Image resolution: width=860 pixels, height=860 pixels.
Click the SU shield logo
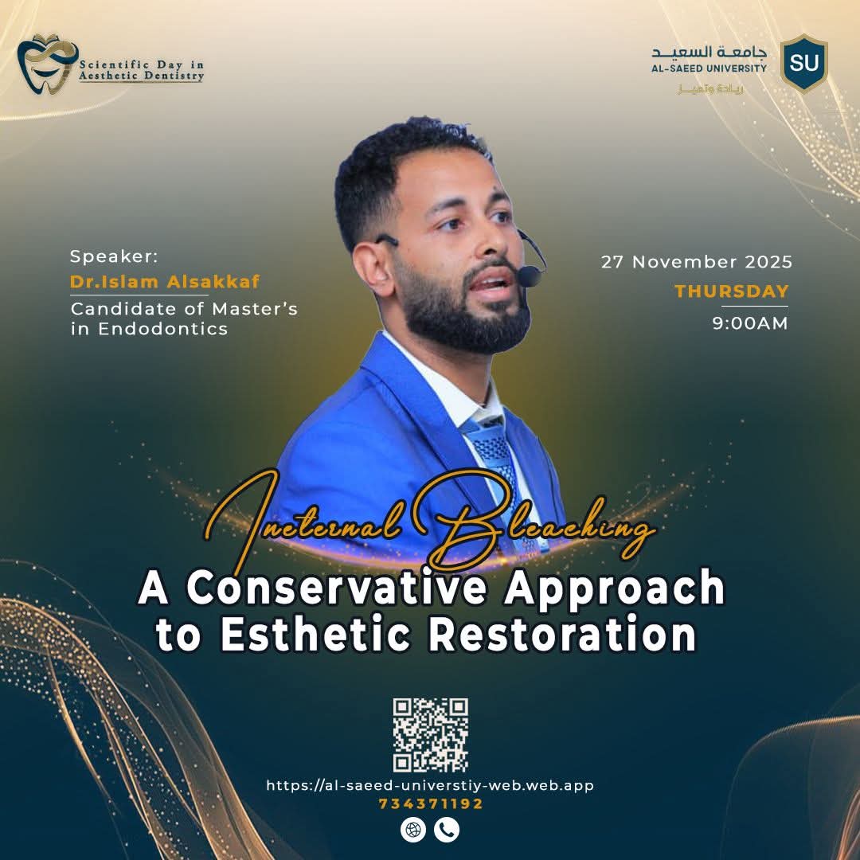pyautogui.click(x=803, y=63)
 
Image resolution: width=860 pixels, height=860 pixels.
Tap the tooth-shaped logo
pyautogui.click(x=47, y=64)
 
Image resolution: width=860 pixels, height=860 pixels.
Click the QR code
pyautogui.click(x=431, y=735)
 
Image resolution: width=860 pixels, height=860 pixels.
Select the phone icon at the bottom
pyautogui.click(x=447, y=830)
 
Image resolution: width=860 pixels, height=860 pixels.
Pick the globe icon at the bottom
pyautogui.click(x=413, y=830)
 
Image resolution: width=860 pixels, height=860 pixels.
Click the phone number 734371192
pyautogui.click(x=431, y=803)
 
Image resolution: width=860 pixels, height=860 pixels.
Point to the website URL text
pyautogui.click(x=430, y=785)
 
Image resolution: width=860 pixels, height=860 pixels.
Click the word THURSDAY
pyautogui.click(x=732, y=291)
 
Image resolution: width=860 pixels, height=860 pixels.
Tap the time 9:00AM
pyautogui.click(x=750, y=323)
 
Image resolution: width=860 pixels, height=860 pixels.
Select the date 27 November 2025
pyautogui.click(x=697, y=262)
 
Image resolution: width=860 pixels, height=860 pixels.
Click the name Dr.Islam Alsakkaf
pyautogui.click(x=165, y=281)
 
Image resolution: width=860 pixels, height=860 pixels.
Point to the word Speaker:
pyautogui.click(x=114, y=256)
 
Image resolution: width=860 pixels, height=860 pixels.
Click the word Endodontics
pyautogui.click(x=163, y=329)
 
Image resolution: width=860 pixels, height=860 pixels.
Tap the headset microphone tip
pyautogui.click(x=529, y=276)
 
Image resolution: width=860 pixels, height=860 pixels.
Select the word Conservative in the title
pyautogui.click(x=336, y=588)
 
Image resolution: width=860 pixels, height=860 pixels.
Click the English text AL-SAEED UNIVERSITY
pyautogui.click(x=709, y=68)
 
